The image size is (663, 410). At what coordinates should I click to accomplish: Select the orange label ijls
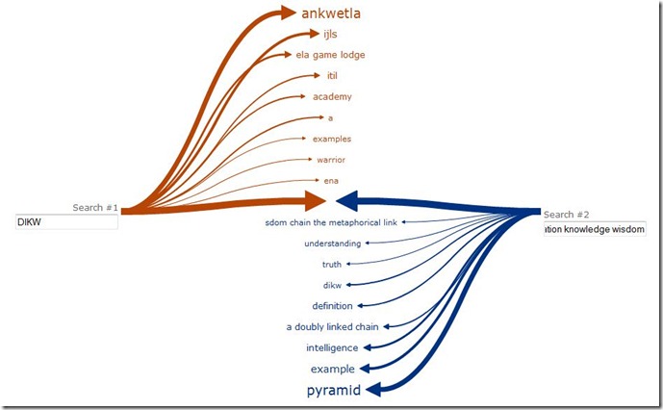[331, 35]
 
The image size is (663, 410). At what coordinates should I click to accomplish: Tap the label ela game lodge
[330, 55]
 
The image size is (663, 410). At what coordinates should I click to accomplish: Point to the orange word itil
[332, 75]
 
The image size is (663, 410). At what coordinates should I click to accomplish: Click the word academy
[332, 96]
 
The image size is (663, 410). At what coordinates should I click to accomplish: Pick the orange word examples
[332, 139]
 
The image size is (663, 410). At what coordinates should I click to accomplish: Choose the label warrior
[331, 160]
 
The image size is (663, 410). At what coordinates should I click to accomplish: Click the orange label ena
[331, 180]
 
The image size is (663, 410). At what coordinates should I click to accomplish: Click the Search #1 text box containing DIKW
[66, 222]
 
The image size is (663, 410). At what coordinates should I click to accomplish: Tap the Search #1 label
[95, 208]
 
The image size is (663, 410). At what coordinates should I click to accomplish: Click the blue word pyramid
[334, 391]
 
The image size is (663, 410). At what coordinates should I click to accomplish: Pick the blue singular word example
[333, 370]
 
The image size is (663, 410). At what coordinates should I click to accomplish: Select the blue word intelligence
[332, 347]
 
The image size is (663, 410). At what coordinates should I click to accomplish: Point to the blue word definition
[333, 306]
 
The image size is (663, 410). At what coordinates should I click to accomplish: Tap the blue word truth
[332, 264]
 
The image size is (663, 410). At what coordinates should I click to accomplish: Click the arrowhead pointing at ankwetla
[285, 13]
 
